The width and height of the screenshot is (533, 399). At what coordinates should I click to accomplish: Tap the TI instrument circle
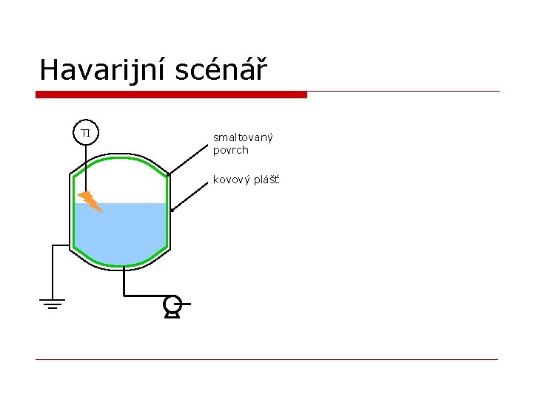pyautogui.click(x=86, y=132)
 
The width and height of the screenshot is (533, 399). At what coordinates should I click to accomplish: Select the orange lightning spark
pyautogui.click(x=90, y=200)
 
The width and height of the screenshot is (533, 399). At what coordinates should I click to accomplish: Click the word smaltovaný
pyautogui.click(x=243, y=137)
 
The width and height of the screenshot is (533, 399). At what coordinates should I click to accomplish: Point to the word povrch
pyautogui.click(x=230, y=150)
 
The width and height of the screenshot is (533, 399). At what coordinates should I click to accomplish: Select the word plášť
pyautogui.click(x=264, y=180)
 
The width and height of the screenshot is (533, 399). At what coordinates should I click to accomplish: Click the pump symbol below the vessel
pyautogui.click(x=172, y=304)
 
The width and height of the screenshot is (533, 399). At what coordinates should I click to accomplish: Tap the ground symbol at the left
pyautogui.click(x=52, y=303)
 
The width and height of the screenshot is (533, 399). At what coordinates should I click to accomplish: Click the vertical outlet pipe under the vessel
pyautogui.click(x=123, y=282)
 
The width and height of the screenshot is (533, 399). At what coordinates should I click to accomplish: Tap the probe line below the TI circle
pyautogui.click(x=86, y=166)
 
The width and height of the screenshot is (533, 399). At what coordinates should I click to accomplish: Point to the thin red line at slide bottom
pyautogui.click(x=266, y=360)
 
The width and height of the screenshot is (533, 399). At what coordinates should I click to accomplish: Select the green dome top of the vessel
pyautogui.click(x=121, y=158)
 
